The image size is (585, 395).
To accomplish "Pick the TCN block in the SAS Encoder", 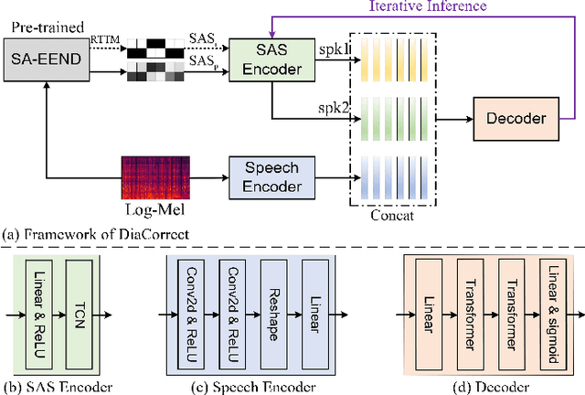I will coord(80,312).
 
